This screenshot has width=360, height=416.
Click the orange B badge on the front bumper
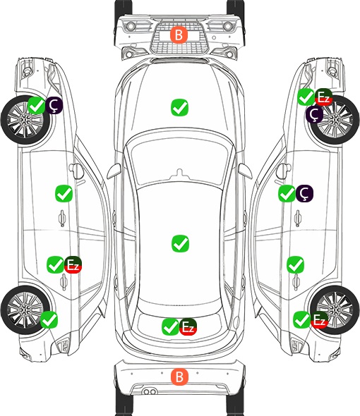[x=179, y=35]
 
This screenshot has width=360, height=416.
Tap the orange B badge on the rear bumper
[x=179, y=377]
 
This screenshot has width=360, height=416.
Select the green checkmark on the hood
[x=179, y=107]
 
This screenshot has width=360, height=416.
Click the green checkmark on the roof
[x=180, y=243]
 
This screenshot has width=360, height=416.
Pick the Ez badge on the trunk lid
[x=188, y=326]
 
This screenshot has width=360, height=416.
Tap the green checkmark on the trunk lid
[x=171, y=326]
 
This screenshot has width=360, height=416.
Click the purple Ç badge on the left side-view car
[x=54, y=105]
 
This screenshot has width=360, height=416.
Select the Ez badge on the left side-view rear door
[x=73, y=264]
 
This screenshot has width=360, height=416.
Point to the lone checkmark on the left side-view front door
[x=64, y=193]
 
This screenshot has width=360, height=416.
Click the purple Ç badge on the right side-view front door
[x=304, y=193]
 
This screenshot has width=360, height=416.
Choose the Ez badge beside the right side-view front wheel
[x=323, y=97]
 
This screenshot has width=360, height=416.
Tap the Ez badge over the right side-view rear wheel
[x=319, y=319]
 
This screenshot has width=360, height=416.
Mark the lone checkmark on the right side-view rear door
[x=295, y=264]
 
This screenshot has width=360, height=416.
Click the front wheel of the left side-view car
[x=25, y=121]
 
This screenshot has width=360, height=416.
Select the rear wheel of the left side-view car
[x=25, y=310]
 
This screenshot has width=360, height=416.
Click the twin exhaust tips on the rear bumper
[x=150, y=391]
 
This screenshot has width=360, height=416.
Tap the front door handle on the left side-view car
[x=62, y=219]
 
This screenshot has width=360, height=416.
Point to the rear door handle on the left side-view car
[x=64, y=282]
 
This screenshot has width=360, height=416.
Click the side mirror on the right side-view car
[x=284, y=171]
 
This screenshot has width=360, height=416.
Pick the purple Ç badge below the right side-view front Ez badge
[x=314, y=115]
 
